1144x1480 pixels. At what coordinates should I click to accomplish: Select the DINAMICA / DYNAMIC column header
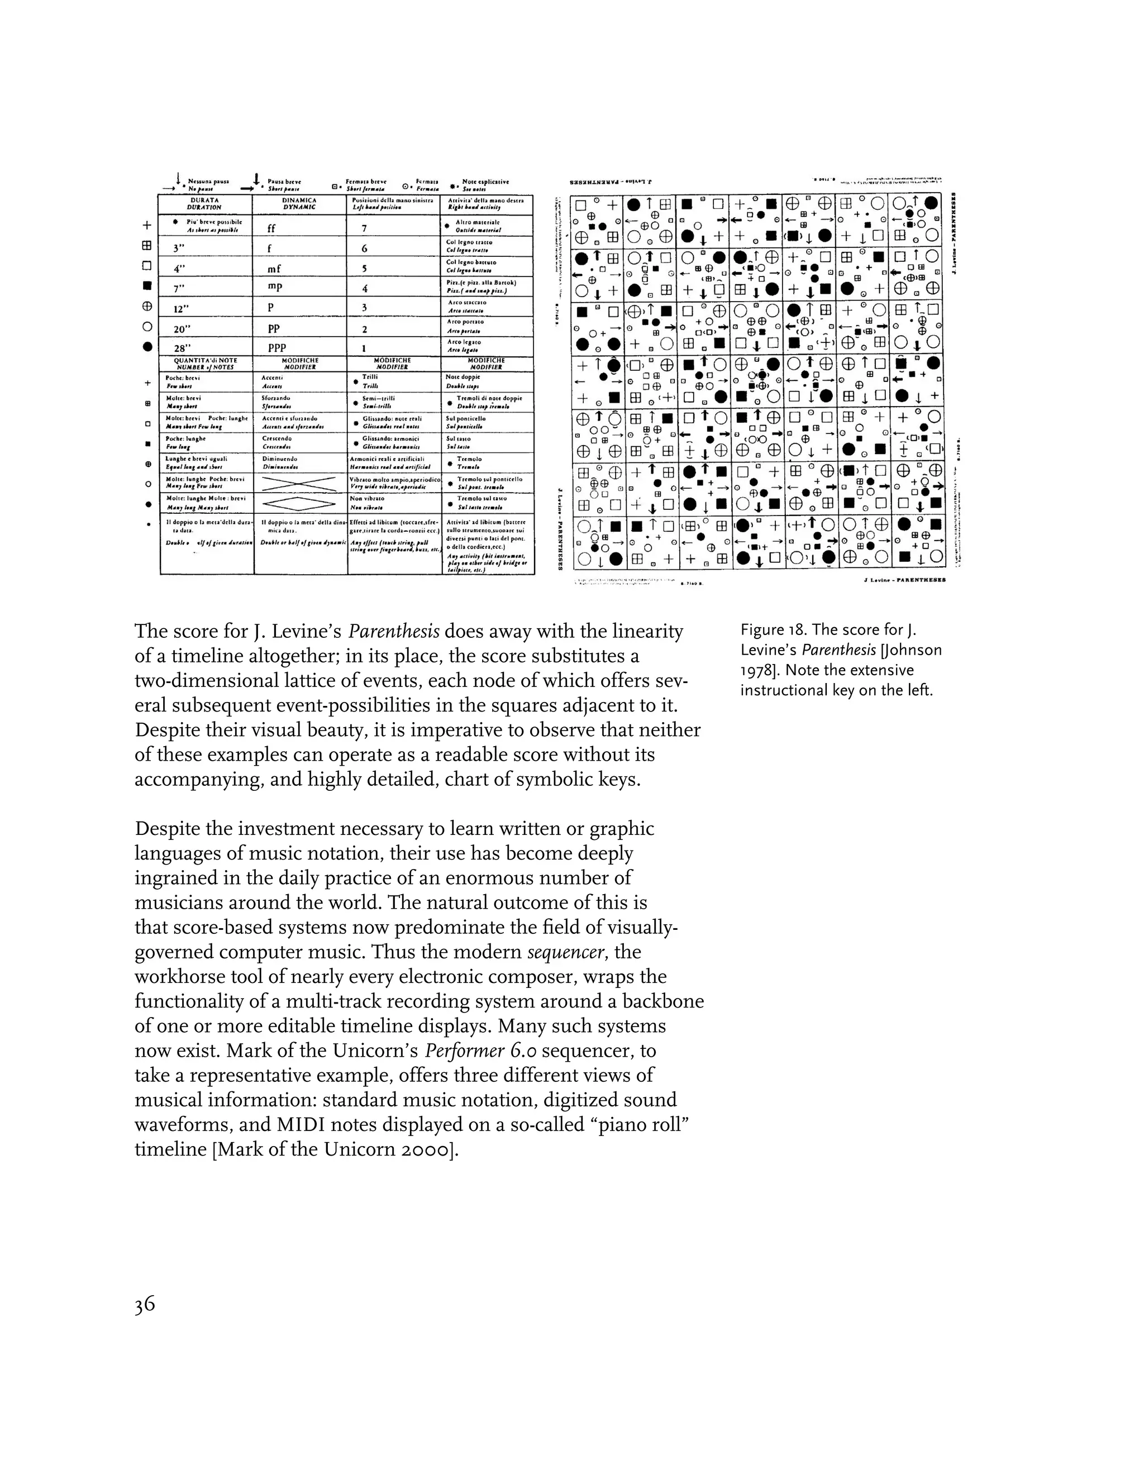pos(299,204)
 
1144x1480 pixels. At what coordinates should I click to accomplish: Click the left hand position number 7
pos(365,228)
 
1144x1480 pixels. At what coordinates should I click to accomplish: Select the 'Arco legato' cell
pos(463,346)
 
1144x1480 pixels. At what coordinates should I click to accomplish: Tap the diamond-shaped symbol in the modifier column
pos(299,503)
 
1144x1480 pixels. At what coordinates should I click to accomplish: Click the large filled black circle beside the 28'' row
pos(147,346)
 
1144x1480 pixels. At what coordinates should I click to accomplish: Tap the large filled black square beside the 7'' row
pos(147,285)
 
